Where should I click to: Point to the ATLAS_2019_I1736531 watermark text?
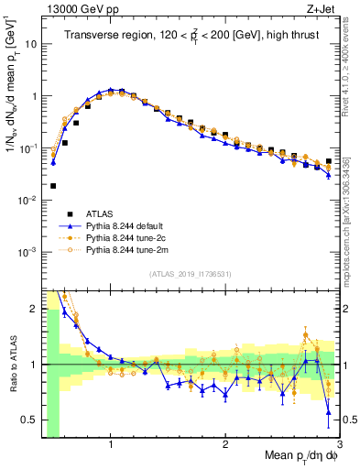[190, 273]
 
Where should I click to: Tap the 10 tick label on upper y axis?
[30, 43]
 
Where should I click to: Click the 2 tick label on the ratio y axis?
[34, 310]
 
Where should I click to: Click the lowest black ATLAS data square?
[53, 185]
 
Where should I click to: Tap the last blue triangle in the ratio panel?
[329, 413]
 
